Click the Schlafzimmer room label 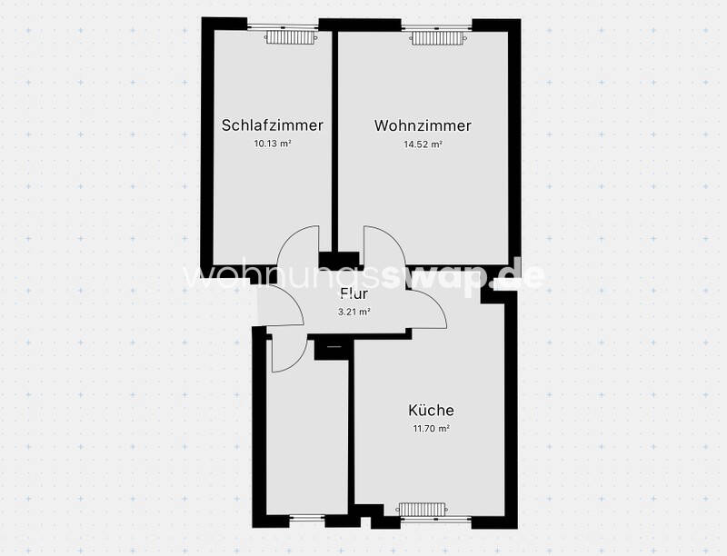tap(272, 125)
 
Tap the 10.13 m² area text tap(272, 144)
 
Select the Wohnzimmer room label tap(423, 125)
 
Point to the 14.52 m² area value tap(423, 144)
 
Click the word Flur tap(353, 293)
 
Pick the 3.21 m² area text tap(354, 312)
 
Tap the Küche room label tap(431, 411)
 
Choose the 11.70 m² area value tap(431, 429)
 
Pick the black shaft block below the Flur tap(333, 346)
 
